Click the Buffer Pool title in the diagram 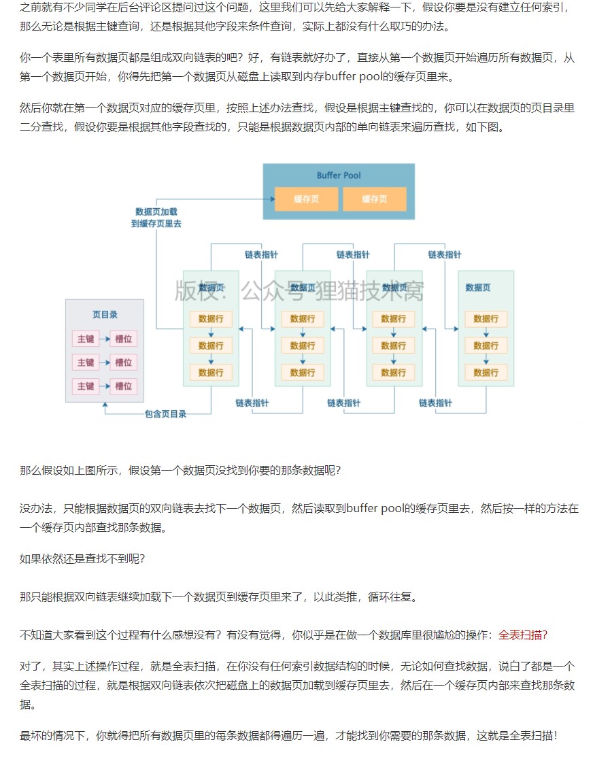click(x=338, y=175)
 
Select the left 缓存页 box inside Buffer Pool click(x=306, y=199)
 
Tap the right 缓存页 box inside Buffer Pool click(x=374, y=199)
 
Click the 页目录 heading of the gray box click(x=105, y=314)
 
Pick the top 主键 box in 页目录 click(x=86, y=339)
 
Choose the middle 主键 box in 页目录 click(x=86, y=362)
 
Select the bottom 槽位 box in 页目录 click(x=123, y=386)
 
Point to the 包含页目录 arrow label click(x=165, y=414)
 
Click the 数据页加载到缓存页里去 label click(x=156, y=217)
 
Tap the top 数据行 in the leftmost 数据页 click(x=211, y=318)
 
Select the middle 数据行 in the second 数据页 click(x=303, y=346)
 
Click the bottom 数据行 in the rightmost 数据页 click(x=486, y=372)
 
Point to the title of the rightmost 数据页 click(x=477, y=288)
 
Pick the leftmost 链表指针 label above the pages click(x=261, y=254)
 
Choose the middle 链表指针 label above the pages click(x=353, y=254)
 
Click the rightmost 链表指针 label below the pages click(x=435, y=403)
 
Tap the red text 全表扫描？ click(x=522, y=635)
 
